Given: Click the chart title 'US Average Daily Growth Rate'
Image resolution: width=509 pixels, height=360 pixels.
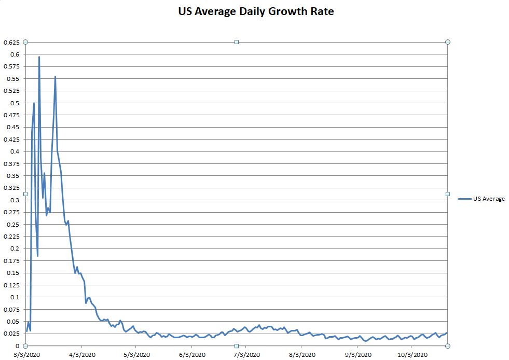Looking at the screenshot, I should click(255, 11).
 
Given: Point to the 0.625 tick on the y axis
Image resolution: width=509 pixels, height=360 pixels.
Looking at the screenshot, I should click(11, 42).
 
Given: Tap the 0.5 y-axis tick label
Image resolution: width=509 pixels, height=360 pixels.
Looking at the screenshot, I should click(14, 103).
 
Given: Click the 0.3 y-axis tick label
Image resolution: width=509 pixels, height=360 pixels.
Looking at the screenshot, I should click(14, 200).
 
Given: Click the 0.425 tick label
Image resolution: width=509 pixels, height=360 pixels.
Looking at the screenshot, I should click(11, 140).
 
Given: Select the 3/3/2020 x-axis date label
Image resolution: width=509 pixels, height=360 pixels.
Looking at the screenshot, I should click(26, 355).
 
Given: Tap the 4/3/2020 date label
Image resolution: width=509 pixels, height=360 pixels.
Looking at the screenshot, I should click(81, 355).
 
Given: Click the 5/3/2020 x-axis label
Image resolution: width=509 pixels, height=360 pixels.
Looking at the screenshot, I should click(136, 355).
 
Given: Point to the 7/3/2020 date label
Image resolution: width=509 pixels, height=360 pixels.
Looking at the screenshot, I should click(247, 355).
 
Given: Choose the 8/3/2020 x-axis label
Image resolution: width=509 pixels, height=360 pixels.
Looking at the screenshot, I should click(302, 355).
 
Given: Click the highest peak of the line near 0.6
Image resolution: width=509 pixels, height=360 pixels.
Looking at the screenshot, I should click(39, 57).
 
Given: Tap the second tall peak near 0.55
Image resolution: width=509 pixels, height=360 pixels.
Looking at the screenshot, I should click(56, 77).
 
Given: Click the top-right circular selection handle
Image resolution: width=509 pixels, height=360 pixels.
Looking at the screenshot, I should click(448, 42).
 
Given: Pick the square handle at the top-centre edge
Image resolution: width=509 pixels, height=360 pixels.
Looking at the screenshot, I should click(237, 42).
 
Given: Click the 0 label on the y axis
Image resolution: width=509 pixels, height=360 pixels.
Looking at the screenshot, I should click(18, 346).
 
